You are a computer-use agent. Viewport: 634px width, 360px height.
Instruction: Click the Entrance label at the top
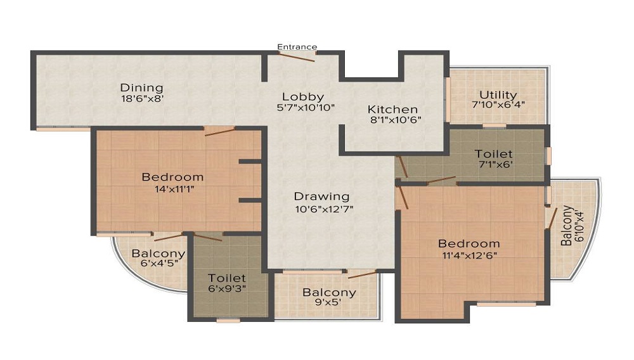coord(297,47)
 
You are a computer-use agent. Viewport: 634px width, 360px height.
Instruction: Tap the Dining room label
coord(141,87)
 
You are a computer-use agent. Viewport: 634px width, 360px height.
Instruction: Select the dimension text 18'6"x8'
coord(142,98)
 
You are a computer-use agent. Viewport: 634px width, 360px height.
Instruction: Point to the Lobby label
coord(303,97)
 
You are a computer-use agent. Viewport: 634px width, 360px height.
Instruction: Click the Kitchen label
coord(392,110)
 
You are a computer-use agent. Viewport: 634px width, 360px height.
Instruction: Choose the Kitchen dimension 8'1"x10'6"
coord(396,120)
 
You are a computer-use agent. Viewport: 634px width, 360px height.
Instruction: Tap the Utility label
coord(498,95)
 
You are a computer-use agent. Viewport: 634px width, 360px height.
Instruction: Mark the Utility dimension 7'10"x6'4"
coord(498,105)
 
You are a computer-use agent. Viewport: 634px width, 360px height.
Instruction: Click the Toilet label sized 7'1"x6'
coord(493,154)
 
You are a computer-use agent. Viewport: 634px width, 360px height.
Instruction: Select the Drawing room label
coord(321,196)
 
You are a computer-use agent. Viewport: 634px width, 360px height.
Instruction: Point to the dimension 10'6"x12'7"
coord(324,209)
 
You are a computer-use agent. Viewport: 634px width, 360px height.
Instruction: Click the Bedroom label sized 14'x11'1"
coord(172,177)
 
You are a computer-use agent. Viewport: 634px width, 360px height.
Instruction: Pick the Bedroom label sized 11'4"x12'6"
coord(469,244)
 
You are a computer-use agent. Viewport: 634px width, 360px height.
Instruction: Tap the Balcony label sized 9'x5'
coord(329,293)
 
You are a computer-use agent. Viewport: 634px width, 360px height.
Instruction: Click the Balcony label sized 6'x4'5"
coord(158,254)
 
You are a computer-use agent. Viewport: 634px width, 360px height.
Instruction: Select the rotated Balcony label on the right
coord(567,226)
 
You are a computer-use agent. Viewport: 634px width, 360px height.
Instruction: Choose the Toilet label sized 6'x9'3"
coord(227,278)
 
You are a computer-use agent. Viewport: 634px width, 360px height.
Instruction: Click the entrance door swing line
coord(297,57)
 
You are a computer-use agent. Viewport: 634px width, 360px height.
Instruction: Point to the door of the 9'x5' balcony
coord(362,274)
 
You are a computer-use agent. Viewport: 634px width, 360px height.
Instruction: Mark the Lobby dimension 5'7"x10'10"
coord(306,108)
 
